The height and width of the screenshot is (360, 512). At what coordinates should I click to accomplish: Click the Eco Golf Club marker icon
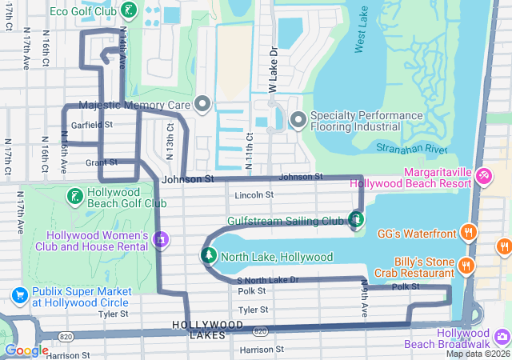[129, 11]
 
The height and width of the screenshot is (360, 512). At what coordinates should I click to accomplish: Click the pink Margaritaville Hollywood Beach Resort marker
[483, 175]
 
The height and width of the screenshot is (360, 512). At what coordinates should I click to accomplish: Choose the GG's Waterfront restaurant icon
[469, 234]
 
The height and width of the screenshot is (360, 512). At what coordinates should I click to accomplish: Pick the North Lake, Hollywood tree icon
[208, 256]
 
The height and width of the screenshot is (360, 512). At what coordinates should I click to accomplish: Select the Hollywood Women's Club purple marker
[162, 238]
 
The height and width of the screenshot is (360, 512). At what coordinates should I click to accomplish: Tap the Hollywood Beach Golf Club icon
[74, 196]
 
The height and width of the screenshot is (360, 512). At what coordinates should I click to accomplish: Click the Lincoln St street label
[254, 194]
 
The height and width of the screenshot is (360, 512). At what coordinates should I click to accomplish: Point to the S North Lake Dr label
[268, 280]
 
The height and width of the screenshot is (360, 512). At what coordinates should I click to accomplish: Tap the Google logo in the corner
[26, 350]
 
